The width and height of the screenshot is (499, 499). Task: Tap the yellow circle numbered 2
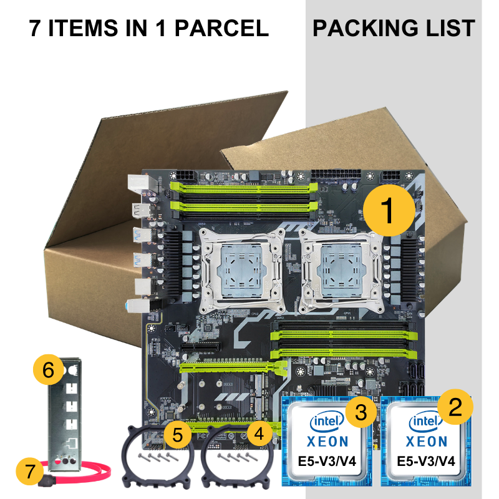click(456, 407)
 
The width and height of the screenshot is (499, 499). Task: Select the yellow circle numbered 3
click(359, 411)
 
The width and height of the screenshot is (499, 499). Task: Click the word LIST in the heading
click(451, 28)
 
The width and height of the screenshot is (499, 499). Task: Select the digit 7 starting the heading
click(36, 28)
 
